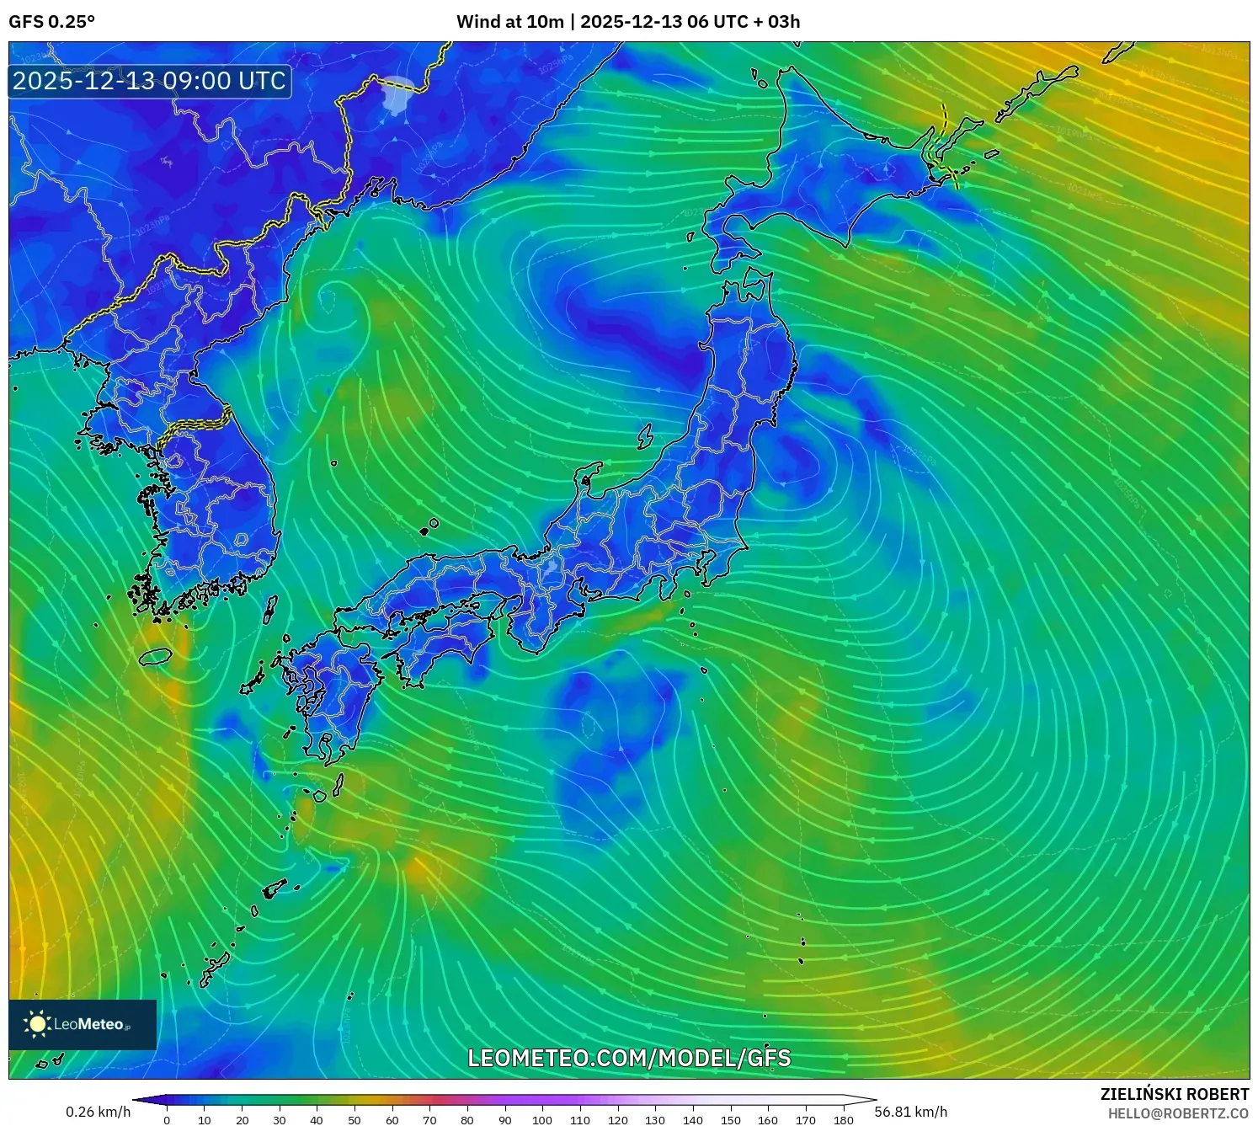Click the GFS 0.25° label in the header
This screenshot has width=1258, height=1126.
(51, 22)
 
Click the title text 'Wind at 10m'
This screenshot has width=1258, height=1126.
(509, 22)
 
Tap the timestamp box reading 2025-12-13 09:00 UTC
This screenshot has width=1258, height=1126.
(150, 81)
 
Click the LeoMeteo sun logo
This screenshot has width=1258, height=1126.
(37, 1023)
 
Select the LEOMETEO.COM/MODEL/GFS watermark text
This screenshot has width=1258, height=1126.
(629, 1058)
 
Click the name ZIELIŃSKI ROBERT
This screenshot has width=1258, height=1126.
(1174, 1094)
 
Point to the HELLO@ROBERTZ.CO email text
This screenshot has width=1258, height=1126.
(1178, 1113)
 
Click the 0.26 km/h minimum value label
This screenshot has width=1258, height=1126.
(99, 1112)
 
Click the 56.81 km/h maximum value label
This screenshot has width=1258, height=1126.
(910, 1112)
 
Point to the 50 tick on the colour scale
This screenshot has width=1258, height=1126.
(354, 1120)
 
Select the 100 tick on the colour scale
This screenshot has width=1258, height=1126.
(542, 1120)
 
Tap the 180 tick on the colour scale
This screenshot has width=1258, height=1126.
(843, 1120)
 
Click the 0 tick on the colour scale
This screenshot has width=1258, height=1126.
(167, 1120)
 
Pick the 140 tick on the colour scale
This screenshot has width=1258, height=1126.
(693, 1120)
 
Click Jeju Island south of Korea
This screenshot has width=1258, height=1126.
(156, 656)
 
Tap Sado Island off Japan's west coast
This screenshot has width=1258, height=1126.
(646, 436)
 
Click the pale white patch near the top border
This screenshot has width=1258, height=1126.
(397, 93)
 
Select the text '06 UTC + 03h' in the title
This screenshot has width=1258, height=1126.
(744, 22)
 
